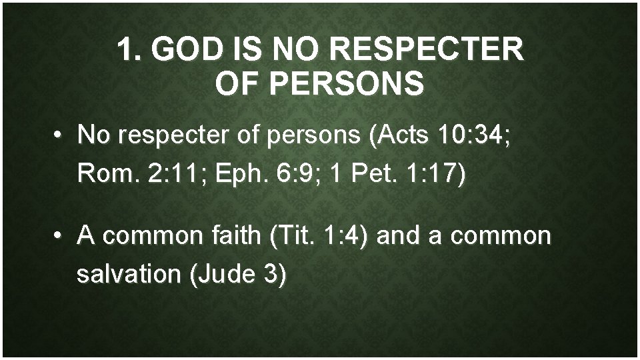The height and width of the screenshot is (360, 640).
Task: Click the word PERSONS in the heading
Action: click(347, 85)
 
